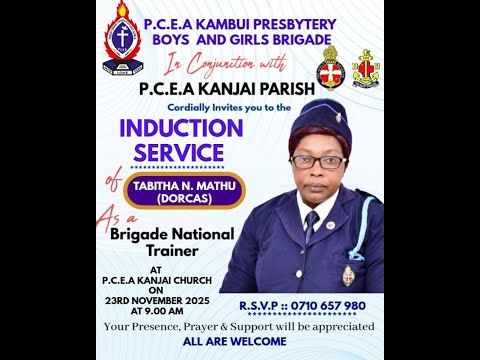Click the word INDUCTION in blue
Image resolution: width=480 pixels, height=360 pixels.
pos(181,129)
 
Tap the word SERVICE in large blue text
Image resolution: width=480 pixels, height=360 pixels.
pos(172,153)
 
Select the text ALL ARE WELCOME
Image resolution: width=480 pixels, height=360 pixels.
pos(239,341)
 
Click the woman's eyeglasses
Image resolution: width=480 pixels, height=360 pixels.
pos(317,161)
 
